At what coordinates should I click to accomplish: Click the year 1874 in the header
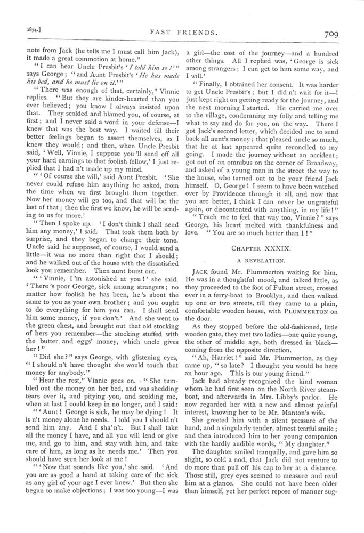[25, 33]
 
